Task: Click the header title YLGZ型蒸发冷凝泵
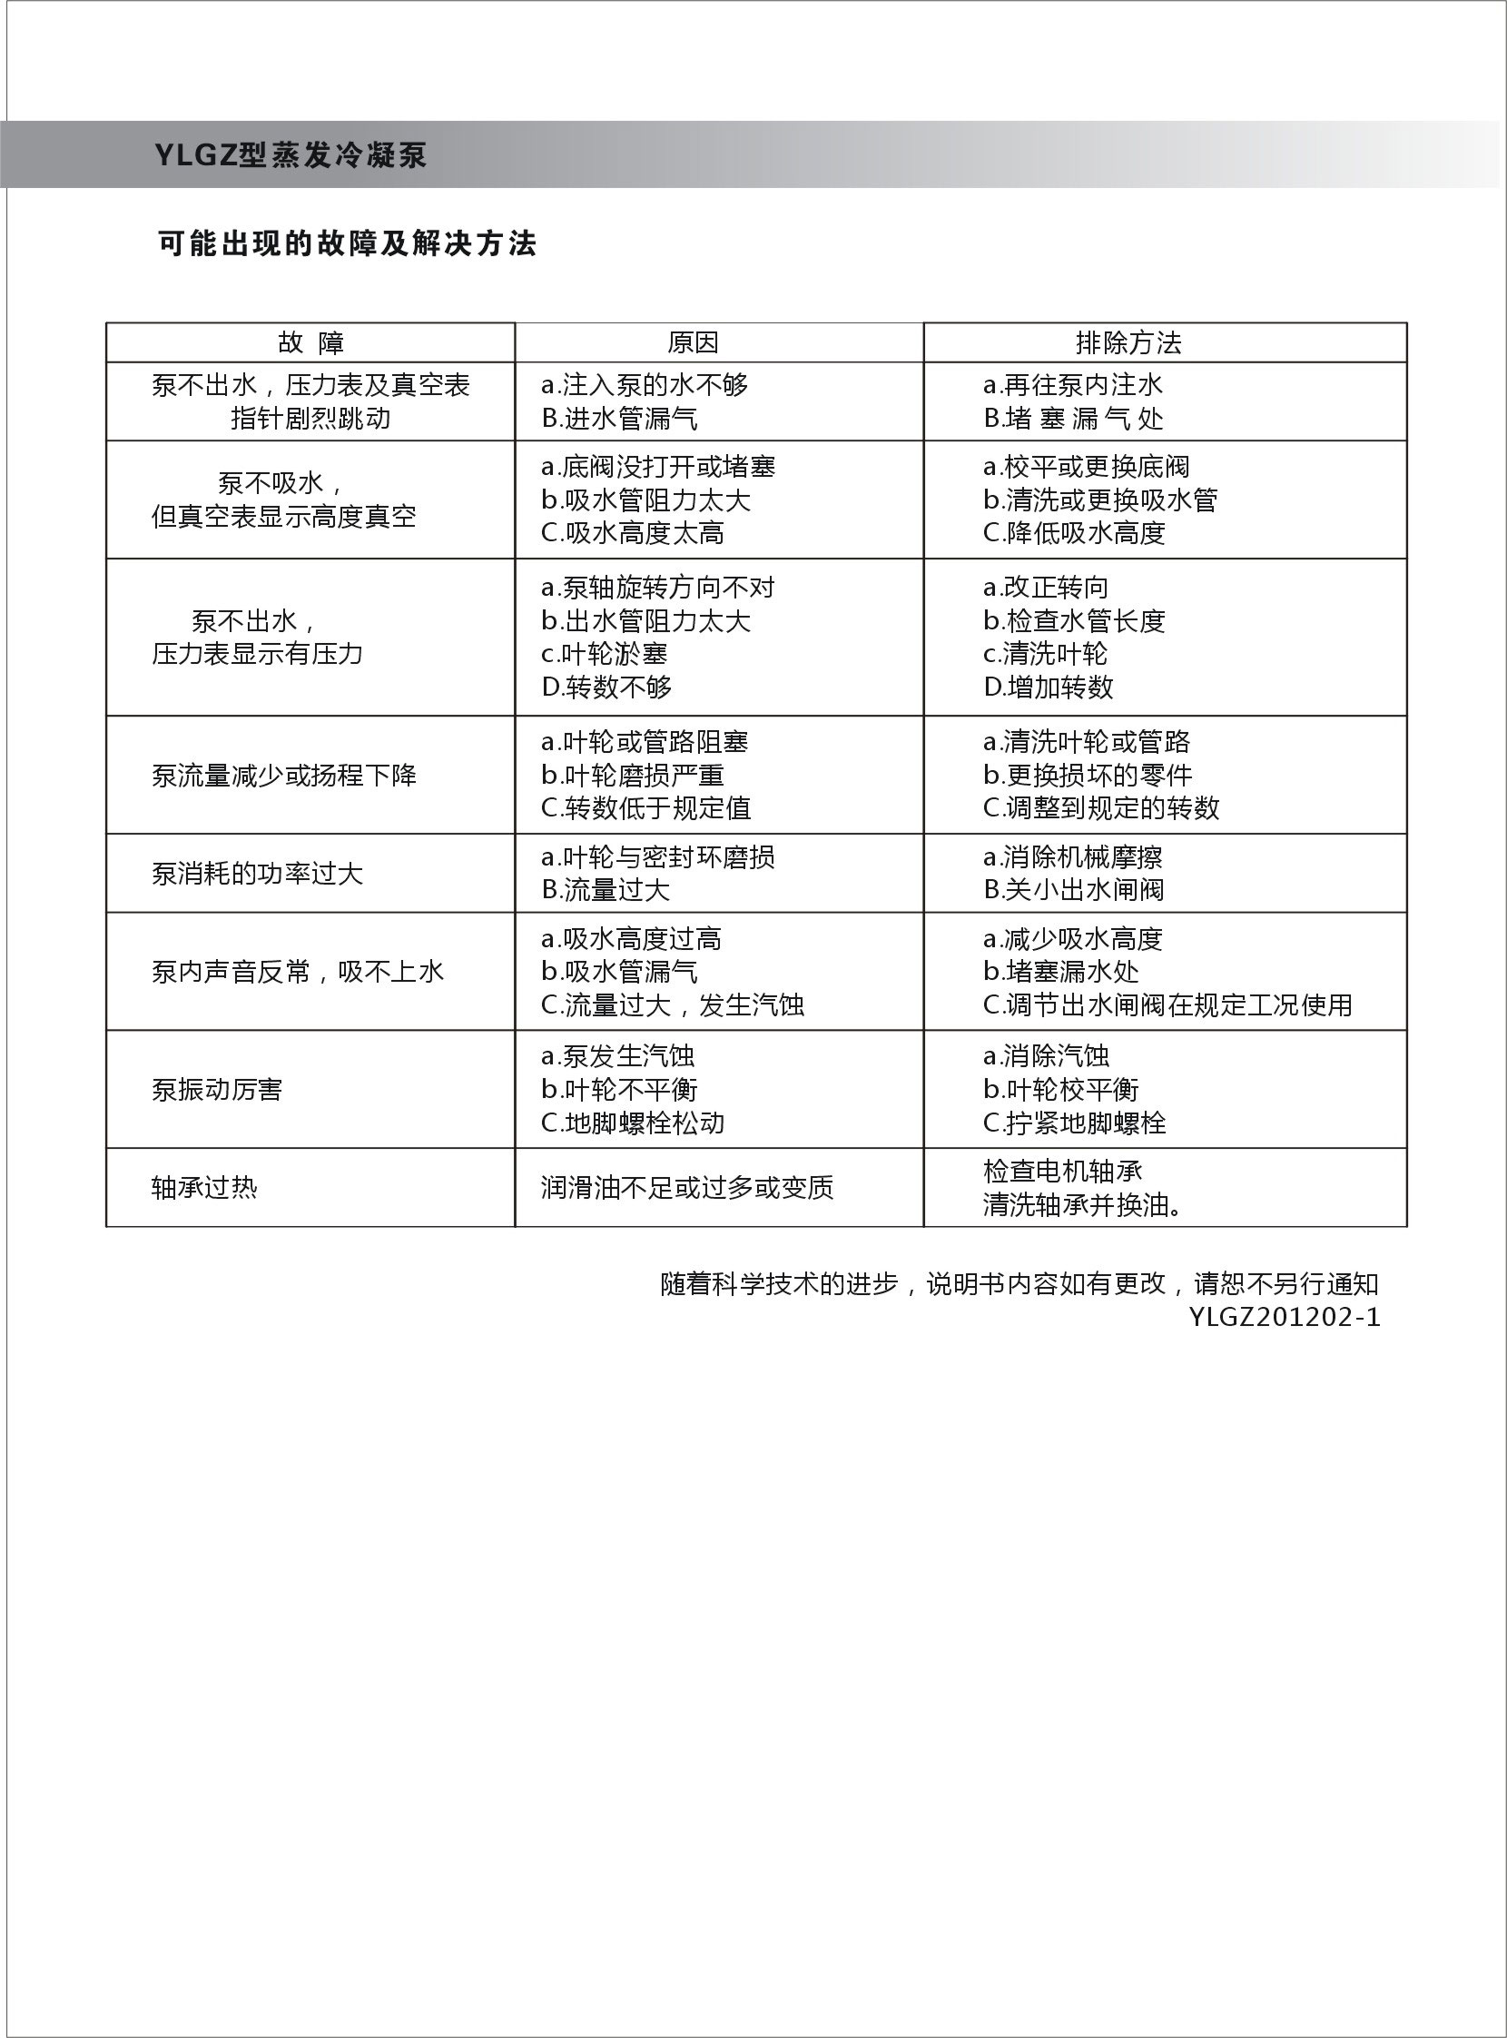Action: pyautogui.click(x=291, y=155)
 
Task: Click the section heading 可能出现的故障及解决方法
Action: pyautogui.click(x=347, y=243)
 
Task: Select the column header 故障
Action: pyautogui.click(x=310, y=343)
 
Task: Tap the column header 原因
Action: pyautogui.click(x=694, y=343)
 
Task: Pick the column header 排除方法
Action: pyautogui.click(x=1128, y=343)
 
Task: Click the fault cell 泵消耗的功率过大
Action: pyautogui.click(x=257, y=874)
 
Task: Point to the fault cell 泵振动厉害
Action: pyautogui.click(x=217, y=1090)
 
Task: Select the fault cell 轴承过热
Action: pyautogui.click(x=204, y=1187)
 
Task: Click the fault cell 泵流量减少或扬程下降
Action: pyautogui.click(x=284, y=776)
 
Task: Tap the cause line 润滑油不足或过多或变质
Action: pyautogui.click(x=687, y=1187)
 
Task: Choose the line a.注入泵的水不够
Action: pyautogui.click(x=644, y=385)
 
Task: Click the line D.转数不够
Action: pyautogui.click(x=606, y=688)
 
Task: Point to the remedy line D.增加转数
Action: pyautogui.click(x=1049, y=688)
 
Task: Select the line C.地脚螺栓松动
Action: pyautogui.click(x=632, y=1123)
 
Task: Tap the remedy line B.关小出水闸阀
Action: pyautogui.click(x=1074, y=890)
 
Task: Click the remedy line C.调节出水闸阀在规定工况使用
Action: pyautogui.click(x=1167, y=1004)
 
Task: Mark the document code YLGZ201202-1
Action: pyautogui.click(x=1285, y=1317)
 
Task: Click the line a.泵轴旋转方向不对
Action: pyautogui.click(x=657, y=588)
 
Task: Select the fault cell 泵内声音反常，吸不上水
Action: pyautogui.click(x=298, y=972)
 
